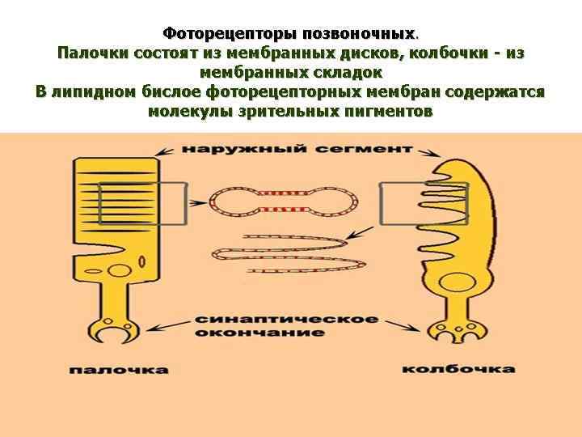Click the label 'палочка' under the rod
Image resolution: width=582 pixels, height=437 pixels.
[118, 370]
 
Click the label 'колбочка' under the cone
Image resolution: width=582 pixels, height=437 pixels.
[458, 369]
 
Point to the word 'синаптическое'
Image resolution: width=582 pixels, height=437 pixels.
[286, 319]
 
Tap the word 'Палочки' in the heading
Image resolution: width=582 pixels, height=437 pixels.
[91, 53]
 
